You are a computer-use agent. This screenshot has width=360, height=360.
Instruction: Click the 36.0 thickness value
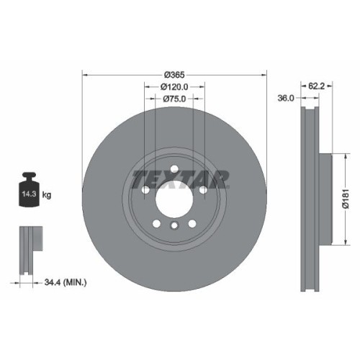pos(285,99)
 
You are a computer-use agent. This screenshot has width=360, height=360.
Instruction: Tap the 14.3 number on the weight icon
pos(30,194)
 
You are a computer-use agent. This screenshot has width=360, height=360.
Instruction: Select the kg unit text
pos(47,195)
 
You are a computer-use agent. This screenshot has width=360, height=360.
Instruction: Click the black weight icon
pos(30,190)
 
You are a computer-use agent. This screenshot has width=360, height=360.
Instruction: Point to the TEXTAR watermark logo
pos(180,177)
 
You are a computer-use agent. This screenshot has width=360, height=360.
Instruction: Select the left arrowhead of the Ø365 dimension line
pos(85,75)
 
